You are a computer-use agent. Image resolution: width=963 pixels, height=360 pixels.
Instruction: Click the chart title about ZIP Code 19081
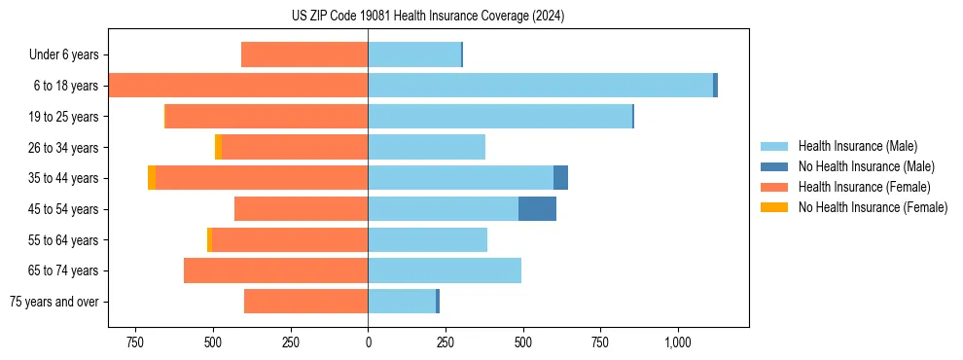(428, 17)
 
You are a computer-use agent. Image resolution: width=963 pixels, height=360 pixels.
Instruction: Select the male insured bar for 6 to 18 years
(540, 86)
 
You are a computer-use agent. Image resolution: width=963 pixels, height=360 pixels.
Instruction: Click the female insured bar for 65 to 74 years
(275, 270)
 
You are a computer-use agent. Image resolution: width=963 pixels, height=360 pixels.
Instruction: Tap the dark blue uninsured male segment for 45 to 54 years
(537, 208)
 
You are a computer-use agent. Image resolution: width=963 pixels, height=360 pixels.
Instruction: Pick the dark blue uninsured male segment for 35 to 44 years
(560, 178)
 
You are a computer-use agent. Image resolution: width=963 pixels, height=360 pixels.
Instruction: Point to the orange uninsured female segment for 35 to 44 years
(152, 178)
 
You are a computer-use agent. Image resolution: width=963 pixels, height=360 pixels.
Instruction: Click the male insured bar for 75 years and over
(402, 302)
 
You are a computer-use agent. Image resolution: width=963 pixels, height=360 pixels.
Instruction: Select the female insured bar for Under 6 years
(304, 54)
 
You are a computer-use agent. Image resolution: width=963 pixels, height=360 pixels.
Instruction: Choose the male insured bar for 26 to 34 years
(426, 147)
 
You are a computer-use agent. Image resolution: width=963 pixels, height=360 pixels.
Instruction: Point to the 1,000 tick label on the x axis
(678, 343)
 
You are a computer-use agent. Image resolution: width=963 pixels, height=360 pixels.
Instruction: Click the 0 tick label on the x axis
(368, 343)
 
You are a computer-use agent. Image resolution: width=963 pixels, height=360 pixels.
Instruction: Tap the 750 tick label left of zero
(135, 343)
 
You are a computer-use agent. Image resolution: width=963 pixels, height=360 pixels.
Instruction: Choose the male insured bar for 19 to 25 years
(500, 117)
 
